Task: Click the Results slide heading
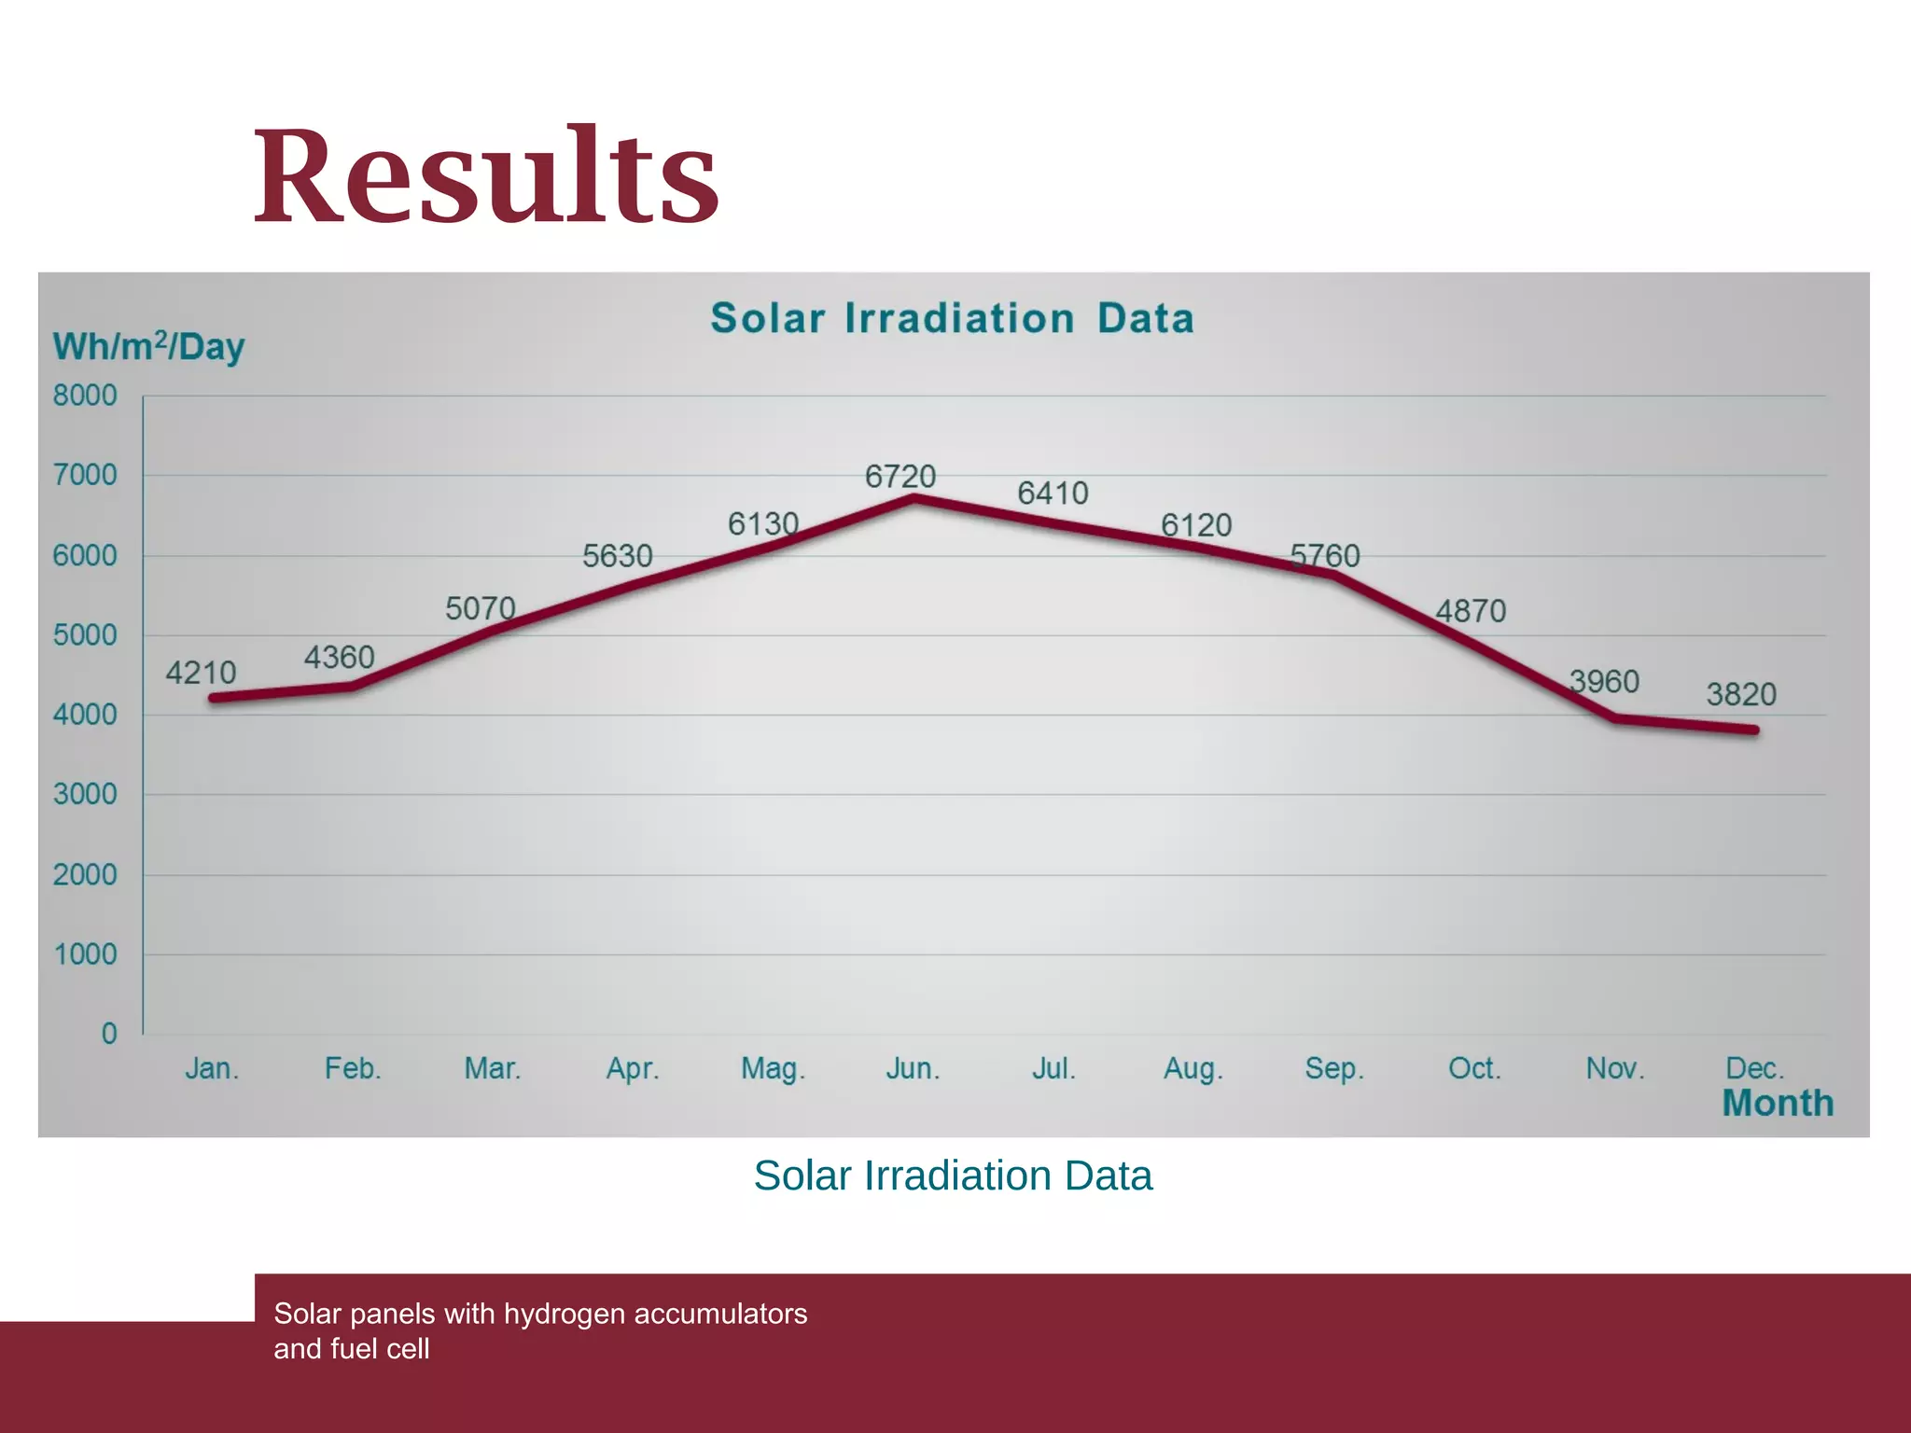(485, 177)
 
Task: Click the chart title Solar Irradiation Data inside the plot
(952, 318)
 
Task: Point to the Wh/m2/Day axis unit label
(148, 347)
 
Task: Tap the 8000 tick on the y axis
(85, 396)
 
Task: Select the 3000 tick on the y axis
(85, 795)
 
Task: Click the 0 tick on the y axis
(109, 1034)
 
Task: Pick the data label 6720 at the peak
(900, 477)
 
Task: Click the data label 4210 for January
(201, 673)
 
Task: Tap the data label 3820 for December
(1741, 694)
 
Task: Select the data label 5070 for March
(480, 609)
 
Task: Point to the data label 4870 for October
(1471, 612)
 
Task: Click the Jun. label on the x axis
(913, 1068)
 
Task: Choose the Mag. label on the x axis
(773, 1068)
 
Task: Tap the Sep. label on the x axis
(1334, 1068)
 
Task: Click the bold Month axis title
(1778, 1104)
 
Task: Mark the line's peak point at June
(914, 499)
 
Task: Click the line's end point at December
(1754, 730)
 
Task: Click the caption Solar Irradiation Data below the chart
(953, 1176)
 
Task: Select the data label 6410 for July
(1053, 494)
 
